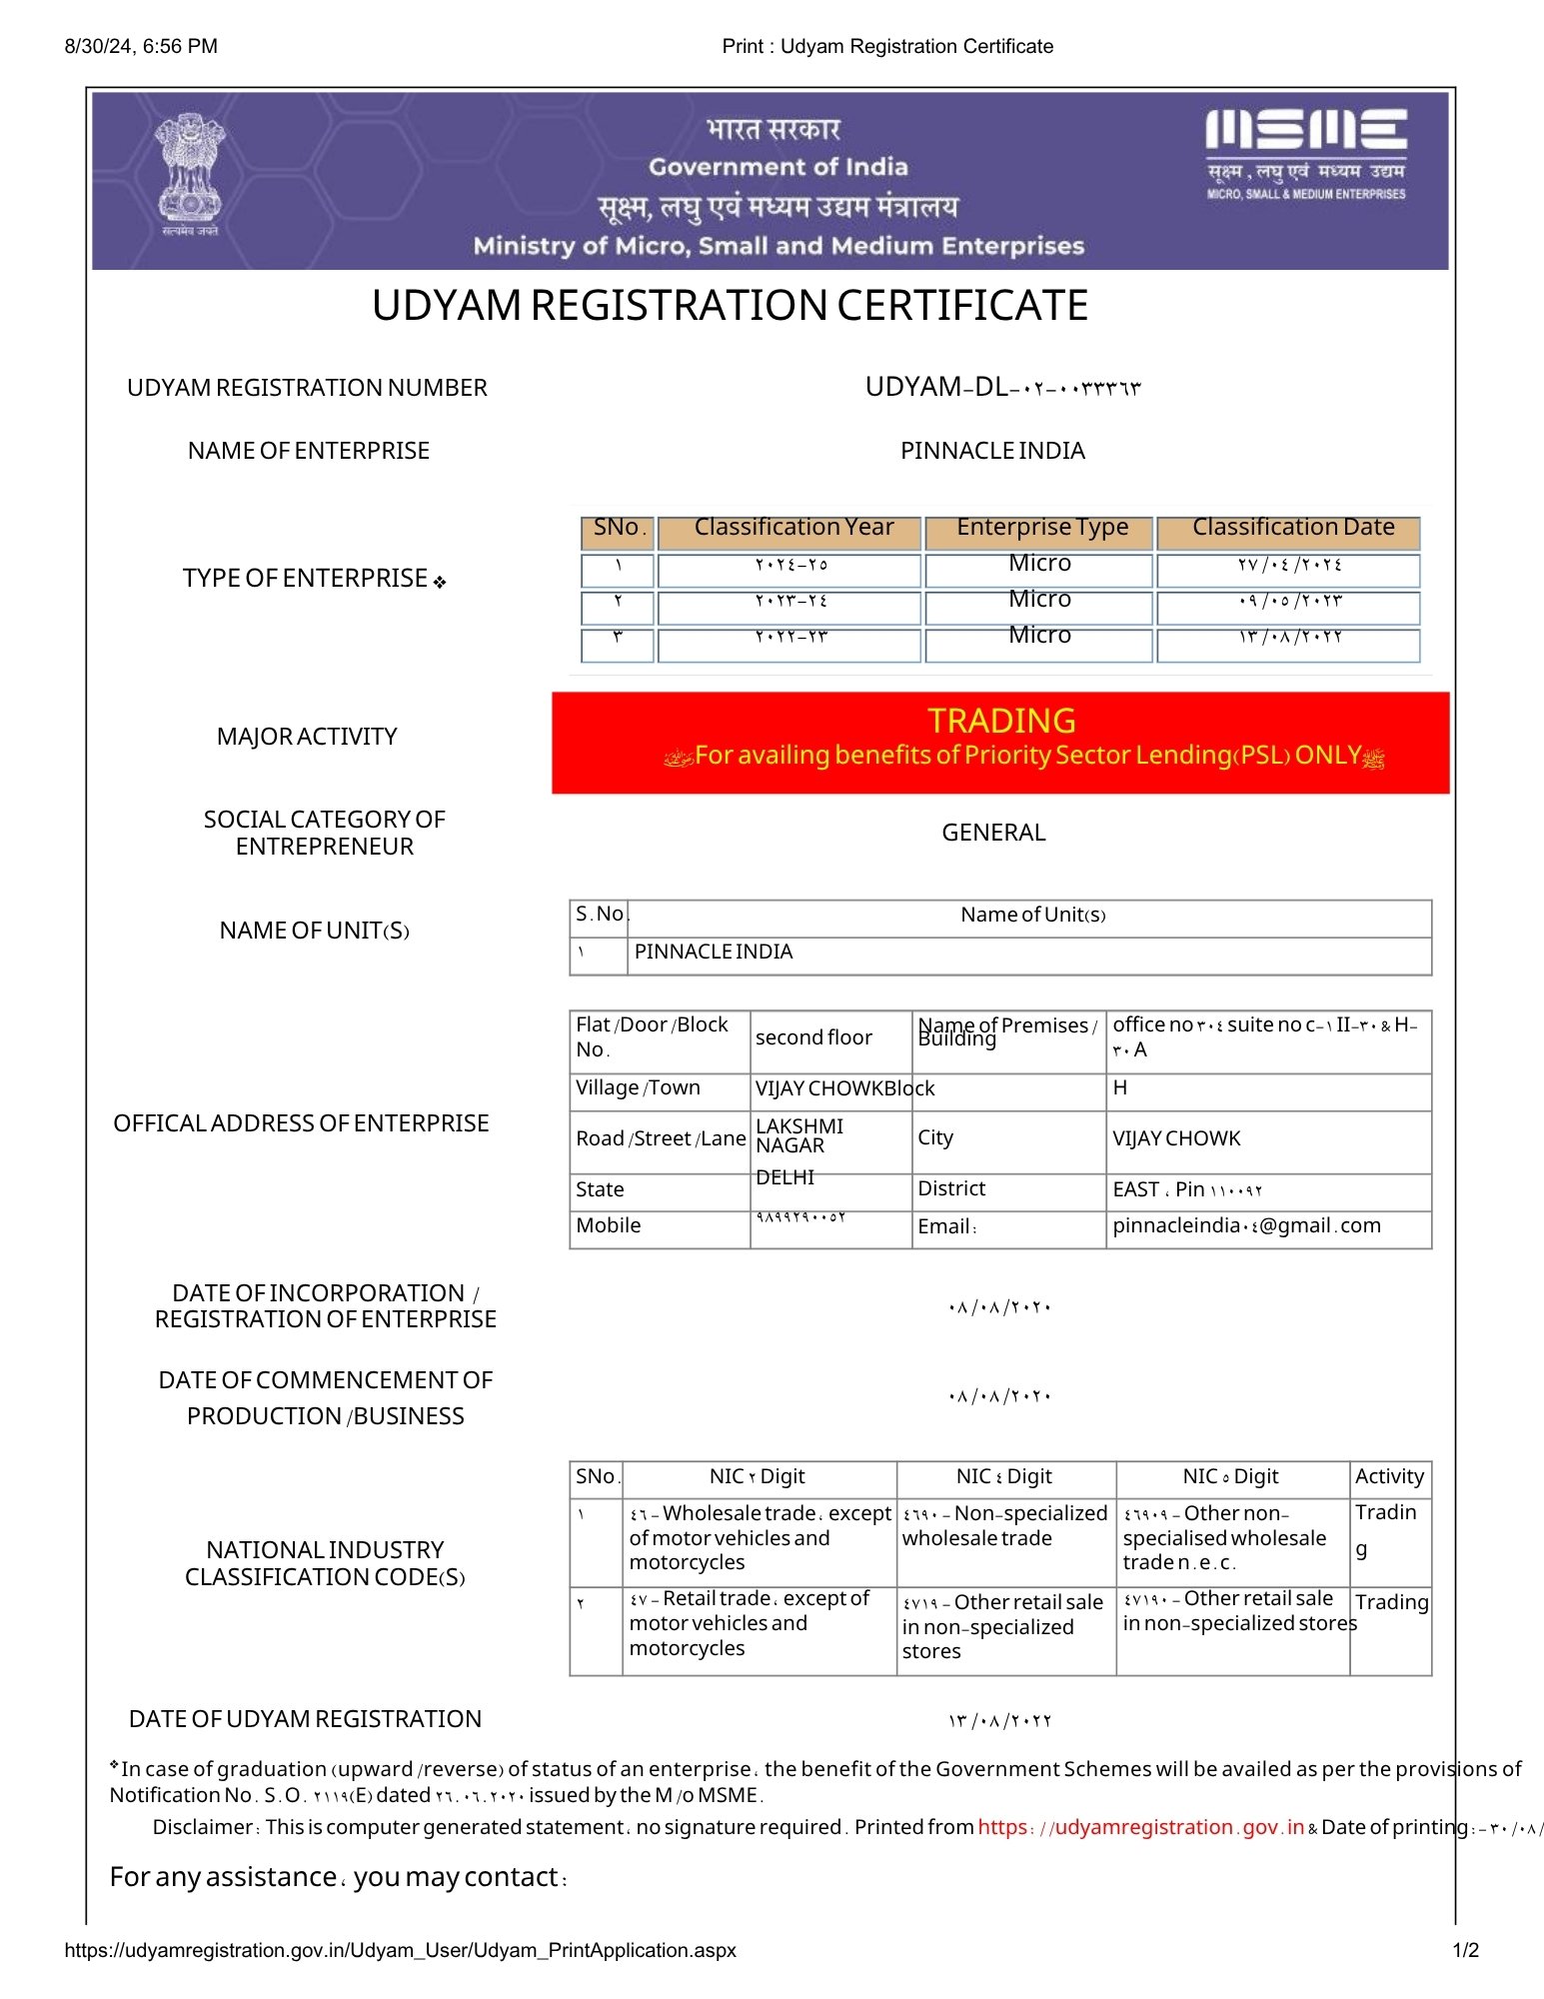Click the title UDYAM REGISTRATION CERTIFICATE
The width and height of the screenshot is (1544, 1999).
point(730,306)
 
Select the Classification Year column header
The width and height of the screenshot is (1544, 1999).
point(793,528)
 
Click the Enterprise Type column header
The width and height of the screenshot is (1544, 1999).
point(1041,528)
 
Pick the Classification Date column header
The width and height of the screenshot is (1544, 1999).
point(1292,528)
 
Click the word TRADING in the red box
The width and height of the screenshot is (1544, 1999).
point(1001,721)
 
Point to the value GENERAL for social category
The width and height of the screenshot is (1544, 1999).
point(993,833)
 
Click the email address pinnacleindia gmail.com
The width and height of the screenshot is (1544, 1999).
point(1246,1225)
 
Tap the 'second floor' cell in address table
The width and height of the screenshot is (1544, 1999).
point(813,1037)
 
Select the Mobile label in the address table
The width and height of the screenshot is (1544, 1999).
point(608,1225)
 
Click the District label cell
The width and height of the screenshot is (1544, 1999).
point(951,1188)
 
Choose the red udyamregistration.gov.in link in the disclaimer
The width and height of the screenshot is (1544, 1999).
point(1140,1827)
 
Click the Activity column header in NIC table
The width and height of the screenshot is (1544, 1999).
point(1388,1476)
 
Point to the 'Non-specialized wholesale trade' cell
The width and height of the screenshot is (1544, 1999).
point(1004,1526)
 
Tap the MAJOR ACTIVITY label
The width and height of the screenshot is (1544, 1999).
point(307,737)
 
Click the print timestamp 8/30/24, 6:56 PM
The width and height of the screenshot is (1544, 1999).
point(141,46)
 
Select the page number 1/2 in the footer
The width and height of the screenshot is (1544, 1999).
point(1465,1950)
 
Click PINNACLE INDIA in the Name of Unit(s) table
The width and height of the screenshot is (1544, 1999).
point(714,952)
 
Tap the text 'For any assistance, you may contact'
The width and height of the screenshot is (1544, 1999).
point(338,1877)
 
